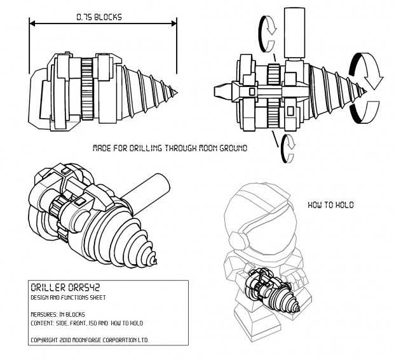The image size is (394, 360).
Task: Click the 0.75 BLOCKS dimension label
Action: click(99, 18)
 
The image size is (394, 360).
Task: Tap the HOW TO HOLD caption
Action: click(330, 205)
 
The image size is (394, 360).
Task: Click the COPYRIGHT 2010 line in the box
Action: click(90, 340)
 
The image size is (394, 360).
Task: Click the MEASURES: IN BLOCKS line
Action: click(58, 314)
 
